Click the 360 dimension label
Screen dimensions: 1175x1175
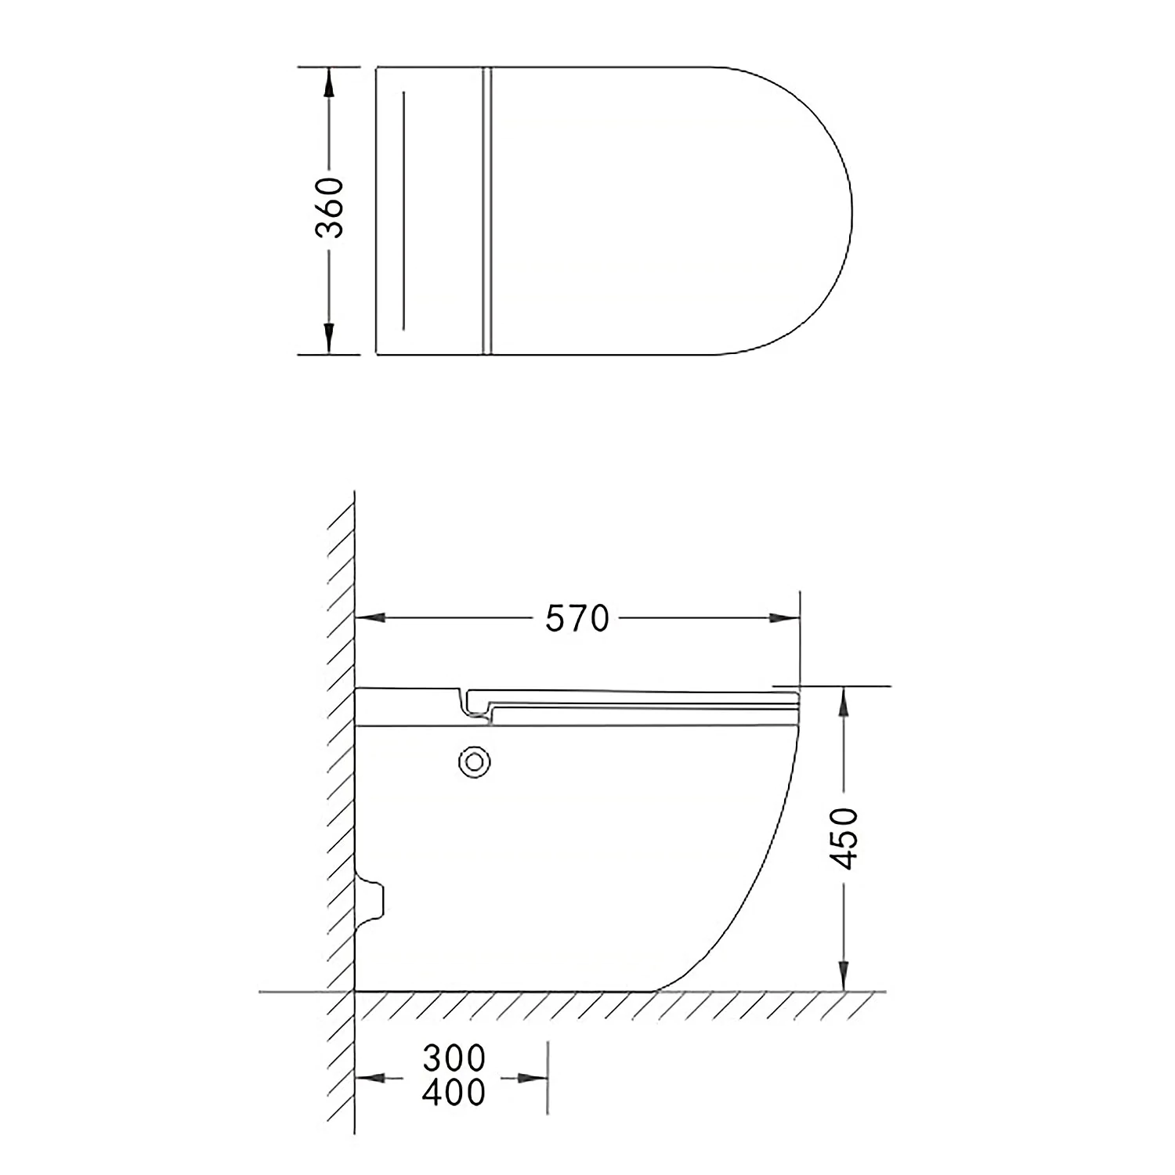pyautogui.click(x=330, y=208)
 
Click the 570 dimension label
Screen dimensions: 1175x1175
pyautogui.click(x=577, y=619)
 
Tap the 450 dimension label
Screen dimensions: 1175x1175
pyautogui.click(x=844, y=838)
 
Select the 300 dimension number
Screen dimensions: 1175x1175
pyautogui.click(x=454, y=1058)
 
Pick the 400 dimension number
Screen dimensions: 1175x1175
pyautogui.click(x=454, y=1092)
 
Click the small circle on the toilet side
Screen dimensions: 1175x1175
pyautogui.click(x=475, y=761)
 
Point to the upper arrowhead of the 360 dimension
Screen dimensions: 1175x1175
pyautogui.click(x=329, y=81)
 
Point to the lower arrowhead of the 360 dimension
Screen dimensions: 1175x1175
pyautogui.click(x=329, y=339)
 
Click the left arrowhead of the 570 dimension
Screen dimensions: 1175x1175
pyautogui.click(x=371, y=619)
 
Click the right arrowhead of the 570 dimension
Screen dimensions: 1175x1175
pyautogui.click(x=785, y=619)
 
